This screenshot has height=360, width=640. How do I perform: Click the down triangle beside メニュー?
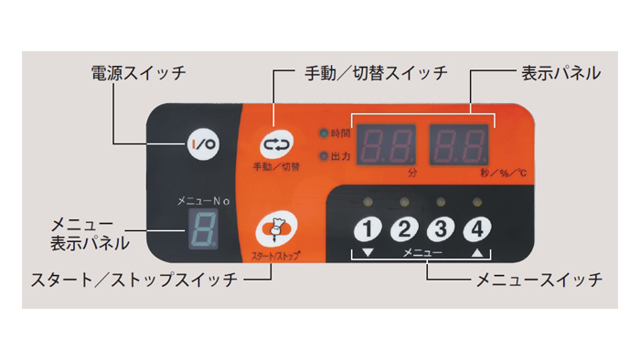click(x=368, y=252)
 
